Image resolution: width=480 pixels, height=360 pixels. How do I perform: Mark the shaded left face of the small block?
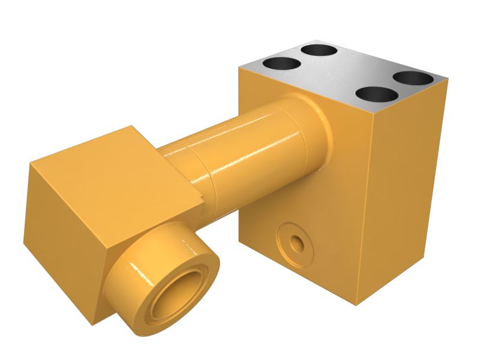pos(60,240)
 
